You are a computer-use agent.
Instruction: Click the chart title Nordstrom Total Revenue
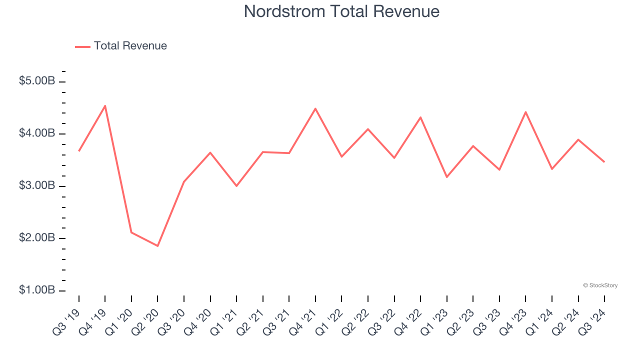(341, 11)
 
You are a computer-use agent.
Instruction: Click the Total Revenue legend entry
(130, 46)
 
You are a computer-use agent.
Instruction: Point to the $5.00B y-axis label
(37, 81)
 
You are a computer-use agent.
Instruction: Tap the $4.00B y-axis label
(37, 133)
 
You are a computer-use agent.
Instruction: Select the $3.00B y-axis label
(37, 185)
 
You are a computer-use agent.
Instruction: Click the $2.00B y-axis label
(37, 238)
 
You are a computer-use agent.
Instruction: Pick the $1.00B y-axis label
(37, 290)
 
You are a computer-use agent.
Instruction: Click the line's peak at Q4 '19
(105, 105)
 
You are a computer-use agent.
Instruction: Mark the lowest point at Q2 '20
(157, 246)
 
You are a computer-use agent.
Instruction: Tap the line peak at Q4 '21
(315, 108)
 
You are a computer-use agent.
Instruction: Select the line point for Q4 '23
(525, 112)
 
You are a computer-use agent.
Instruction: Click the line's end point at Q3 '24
(604, 161)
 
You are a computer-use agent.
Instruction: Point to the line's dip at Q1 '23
(446, 177)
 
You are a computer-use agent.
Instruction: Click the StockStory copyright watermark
(600, 285)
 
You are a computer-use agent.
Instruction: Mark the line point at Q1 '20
(131, 232)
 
